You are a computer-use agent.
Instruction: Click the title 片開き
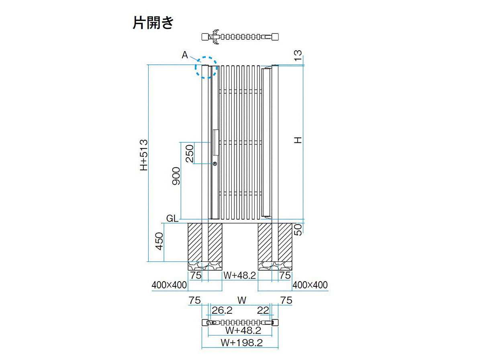click(153, 23)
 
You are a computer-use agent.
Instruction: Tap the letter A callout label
click(185, 55)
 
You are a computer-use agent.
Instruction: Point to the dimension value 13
click(298, 56)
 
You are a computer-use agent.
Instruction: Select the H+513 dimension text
click(144, 155)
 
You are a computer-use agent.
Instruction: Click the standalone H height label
click(298, 140)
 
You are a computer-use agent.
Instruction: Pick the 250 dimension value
click(190, 153)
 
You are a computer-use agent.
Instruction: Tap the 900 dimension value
click(176, 176)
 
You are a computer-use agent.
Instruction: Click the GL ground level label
click(172, 218)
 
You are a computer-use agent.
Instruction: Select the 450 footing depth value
click(159, 241)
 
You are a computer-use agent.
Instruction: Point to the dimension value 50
click(298, 230)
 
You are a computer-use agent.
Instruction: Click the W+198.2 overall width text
click(241, 343)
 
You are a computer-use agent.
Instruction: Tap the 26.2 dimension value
click(222, 311)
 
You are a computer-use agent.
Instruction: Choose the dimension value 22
click(263, 311)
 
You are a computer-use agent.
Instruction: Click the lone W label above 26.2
click(242, 300)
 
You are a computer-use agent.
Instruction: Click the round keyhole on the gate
click(215, 164)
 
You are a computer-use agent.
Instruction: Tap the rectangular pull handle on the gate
click(216, 142)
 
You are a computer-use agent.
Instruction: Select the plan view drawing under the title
click(240, 37)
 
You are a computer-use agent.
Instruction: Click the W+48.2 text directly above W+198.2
click(243, 330)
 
